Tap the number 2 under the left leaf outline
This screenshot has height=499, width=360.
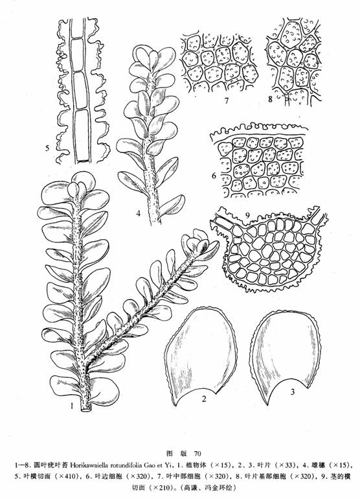[x=203, y=399]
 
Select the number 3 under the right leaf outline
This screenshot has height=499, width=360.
[x=293, y=392]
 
